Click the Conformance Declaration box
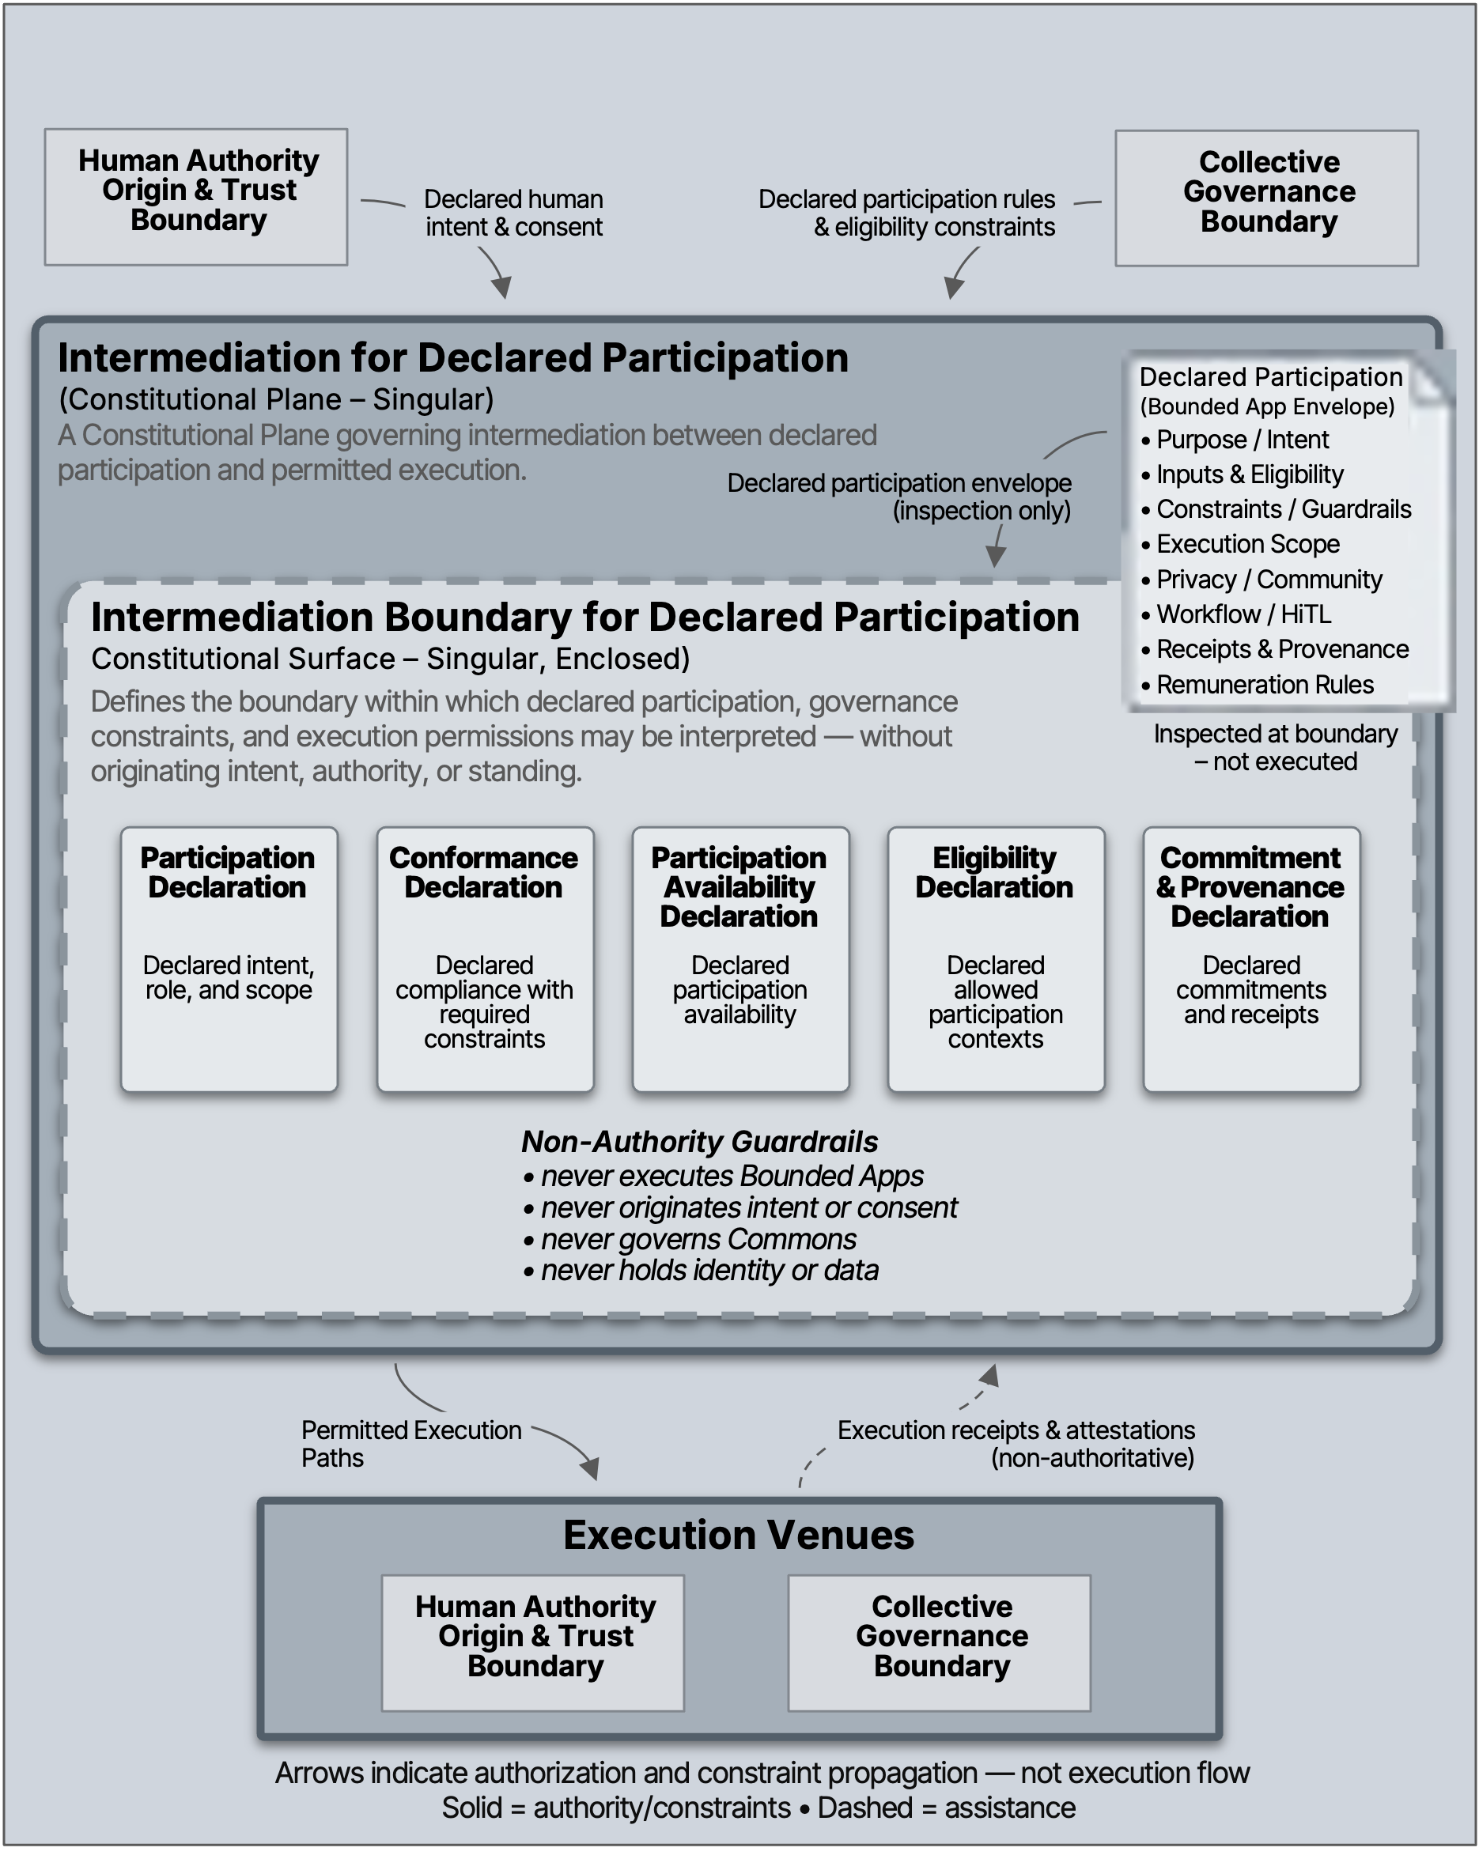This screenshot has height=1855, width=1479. [x=484, y=958]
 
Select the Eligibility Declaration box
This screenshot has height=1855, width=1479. [x=996, y=958]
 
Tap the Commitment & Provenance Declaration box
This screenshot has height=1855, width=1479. [x=1251, y=958]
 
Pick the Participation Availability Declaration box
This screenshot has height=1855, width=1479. [x=740, y=958]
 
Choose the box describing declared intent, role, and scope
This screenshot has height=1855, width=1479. [x=229, y=958]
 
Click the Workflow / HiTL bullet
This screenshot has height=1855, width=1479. [x=1243, y=614]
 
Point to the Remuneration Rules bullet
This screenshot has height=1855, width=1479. [x=1264, y=685]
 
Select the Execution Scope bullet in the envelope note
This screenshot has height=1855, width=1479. [x=1246, y=544]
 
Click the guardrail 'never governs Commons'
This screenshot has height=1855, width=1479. [x=698, y=1239]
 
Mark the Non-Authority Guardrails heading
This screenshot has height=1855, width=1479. [x=699, y=1142]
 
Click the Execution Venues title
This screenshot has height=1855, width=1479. [x=738, y=1536]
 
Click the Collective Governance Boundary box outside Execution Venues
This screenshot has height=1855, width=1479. [x=1266, y=198]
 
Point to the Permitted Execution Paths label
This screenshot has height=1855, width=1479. [x=410, y=1444]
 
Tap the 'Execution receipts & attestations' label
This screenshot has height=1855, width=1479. [x=1016, y=1431]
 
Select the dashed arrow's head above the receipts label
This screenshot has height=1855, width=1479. [x=990, y=1375]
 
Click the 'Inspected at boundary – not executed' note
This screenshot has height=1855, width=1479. [x=1275, y=748]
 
